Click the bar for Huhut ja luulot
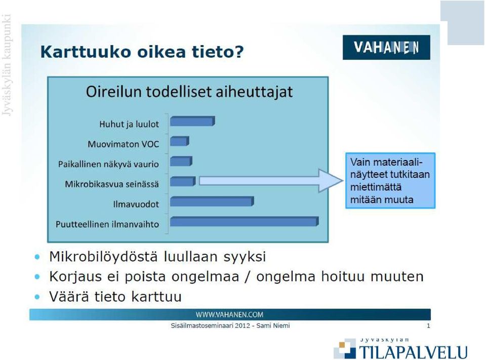192,121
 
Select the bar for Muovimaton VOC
179,141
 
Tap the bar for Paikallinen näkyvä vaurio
181,161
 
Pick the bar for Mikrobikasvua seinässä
183,181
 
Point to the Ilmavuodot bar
212,201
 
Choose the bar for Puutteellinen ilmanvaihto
244,221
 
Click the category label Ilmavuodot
136,204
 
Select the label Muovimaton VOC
124,144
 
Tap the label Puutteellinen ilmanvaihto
107,224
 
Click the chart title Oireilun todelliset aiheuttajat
189,92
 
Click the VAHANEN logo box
386,48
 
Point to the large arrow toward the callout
271,181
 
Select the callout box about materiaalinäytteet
390,180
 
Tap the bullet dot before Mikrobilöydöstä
37,257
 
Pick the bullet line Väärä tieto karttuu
115,296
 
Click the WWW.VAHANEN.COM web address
229,315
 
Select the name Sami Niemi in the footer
273,326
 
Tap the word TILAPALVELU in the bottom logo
414,352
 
